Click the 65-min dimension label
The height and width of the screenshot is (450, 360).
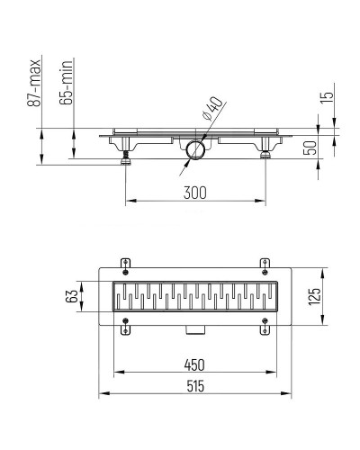coord(67,86)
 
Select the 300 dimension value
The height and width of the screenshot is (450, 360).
coord(195,191)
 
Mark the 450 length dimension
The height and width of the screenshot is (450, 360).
coord(194,364)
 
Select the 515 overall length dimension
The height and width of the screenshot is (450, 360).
coord(194,385)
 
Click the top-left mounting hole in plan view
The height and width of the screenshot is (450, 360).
coord(125,264)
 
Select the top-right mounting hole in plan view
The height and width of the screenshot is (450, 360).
coord(265,264)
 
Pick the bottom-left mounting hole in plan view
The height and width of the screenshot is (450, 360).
coord(125,325)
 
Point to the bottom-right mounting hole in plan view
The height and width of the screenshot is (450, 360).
coord(265,325)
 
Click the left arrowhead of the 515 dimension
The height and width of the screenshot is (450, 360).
coord(101,393)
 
